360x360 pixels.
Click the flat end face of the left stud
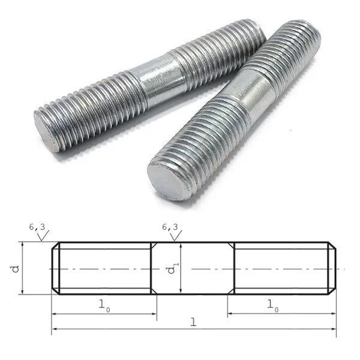(x=46, y=132)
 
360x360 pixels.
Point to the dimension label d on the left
(x=16, y=269)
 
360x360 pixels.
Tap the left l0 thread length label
(x=104, y=305)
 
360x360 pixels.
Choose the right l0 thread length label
(x=272, y=305)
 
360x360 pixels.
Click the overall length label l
(x=194, y=322)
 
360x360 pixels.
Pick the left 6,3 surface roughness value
(x=37, y=227)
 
